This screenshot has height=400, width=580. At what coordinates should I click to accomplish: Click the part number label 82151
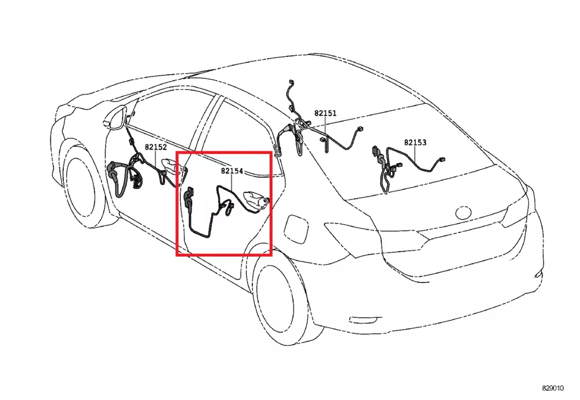[325, 113]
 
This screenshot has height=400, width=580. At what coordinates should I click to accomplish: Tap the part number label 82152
[155, 147]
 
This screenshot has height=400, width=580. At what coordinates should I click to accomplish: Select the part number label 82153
[415, 143]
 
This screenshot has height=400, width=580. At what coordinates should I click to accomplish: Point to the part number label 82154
[232, 171]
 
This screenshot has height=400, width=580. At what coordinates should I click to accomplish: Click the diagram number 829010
[553, 388]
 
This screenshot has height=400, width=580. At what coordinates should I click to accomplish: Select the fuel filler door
[296, 228]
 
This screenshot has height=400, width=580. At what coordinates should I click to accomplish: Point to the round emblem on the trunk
[463, 212]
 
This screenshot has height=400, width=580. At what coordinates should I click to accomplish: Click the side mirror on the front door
[115, 118]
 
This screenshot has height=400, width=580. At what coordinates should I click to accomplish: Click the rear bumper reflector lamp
[365, 320]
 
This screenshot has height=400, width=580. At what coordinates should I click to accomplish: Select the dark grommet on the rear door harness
[188, 199]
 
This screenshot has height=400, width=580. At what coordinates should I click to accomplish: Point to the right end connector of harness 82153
[441, 159]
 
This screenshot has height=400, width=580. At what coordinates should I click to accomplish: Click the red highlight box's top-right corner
[271, 152]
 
